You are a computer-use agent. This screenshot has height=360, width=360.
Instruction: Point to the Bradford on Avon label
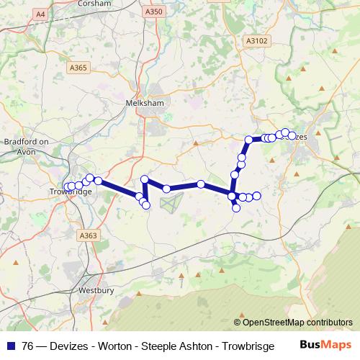(x=27, y=147)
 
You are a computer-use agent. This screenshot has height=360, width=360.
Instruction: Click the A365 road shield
(x=78, y=68)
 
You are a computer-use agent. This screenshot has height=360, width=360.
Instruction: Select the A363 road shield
(x=89, y=235)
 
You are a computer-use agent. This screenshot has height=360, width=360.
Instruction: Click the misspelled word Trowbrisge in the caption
(x=247, y=346)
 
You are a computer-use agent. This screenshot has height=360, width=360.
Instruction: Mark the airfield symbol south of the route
(x=170, y=204)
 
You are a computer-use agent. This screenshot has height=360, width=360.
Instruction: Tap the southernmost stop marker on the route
(x=236, y=209)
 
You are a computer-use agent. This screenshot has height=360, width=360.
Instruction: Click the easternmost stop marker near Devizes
(x=292, y=135)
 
